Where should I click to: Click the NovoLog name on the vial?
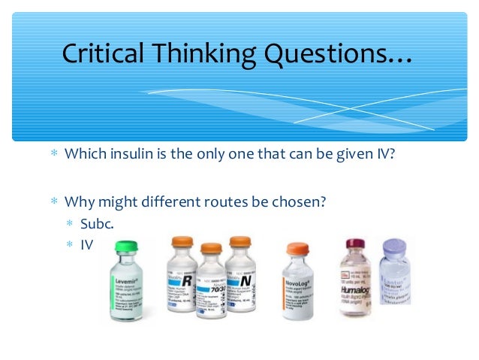click(300, 283)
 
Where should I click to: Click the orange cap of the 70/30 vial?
click(211, 248)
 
